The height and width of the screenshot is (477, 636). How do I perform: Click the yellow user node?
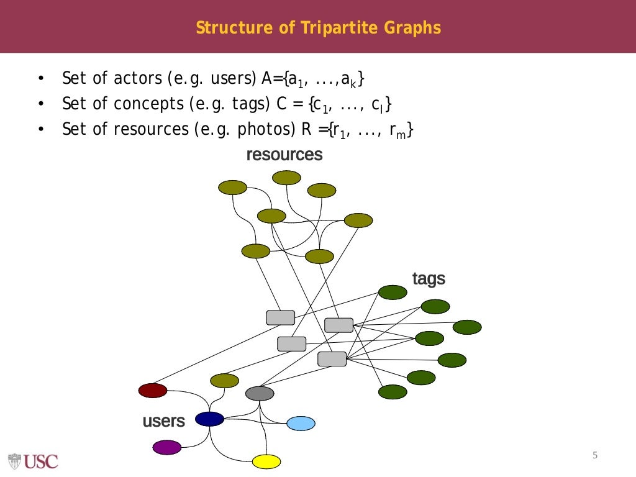click(266, 461)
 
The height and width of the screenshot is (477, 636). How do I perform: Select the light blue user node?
click(301, 424)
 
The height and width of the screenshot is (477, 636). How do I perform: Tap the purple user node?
click(167, 447)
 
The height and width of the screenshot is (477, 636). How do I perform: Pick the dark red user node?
click(153, 391)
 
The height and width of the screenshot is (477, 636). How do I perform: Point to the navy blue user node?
click(209, 419)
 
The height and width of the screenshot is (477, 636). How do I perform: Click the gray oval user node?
click(260, 393)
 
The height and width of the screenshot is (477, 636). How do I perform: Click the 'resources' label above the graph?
click(284, 155)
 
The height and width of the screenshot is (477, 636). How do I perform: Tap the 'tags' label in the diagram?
click(429, 279)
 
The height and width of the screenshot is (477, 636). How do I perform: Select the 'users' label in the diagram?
click(164, 421)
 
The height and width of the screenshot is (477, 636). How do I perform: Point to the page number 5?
click(594, 456)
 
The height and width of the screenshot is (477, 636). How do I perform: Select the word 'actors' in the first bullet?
click(139, 79)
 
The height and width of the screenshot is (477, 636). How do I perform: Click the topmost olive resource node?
click(286, 178)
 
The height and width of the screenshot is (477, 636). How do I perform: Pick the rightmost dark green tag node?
click(467, 327)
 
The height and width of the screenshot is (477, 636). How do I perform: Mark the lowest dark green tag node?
click(393, 392)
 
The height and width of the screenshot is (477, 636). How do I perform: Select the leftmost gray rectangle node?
click(281, 317)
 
